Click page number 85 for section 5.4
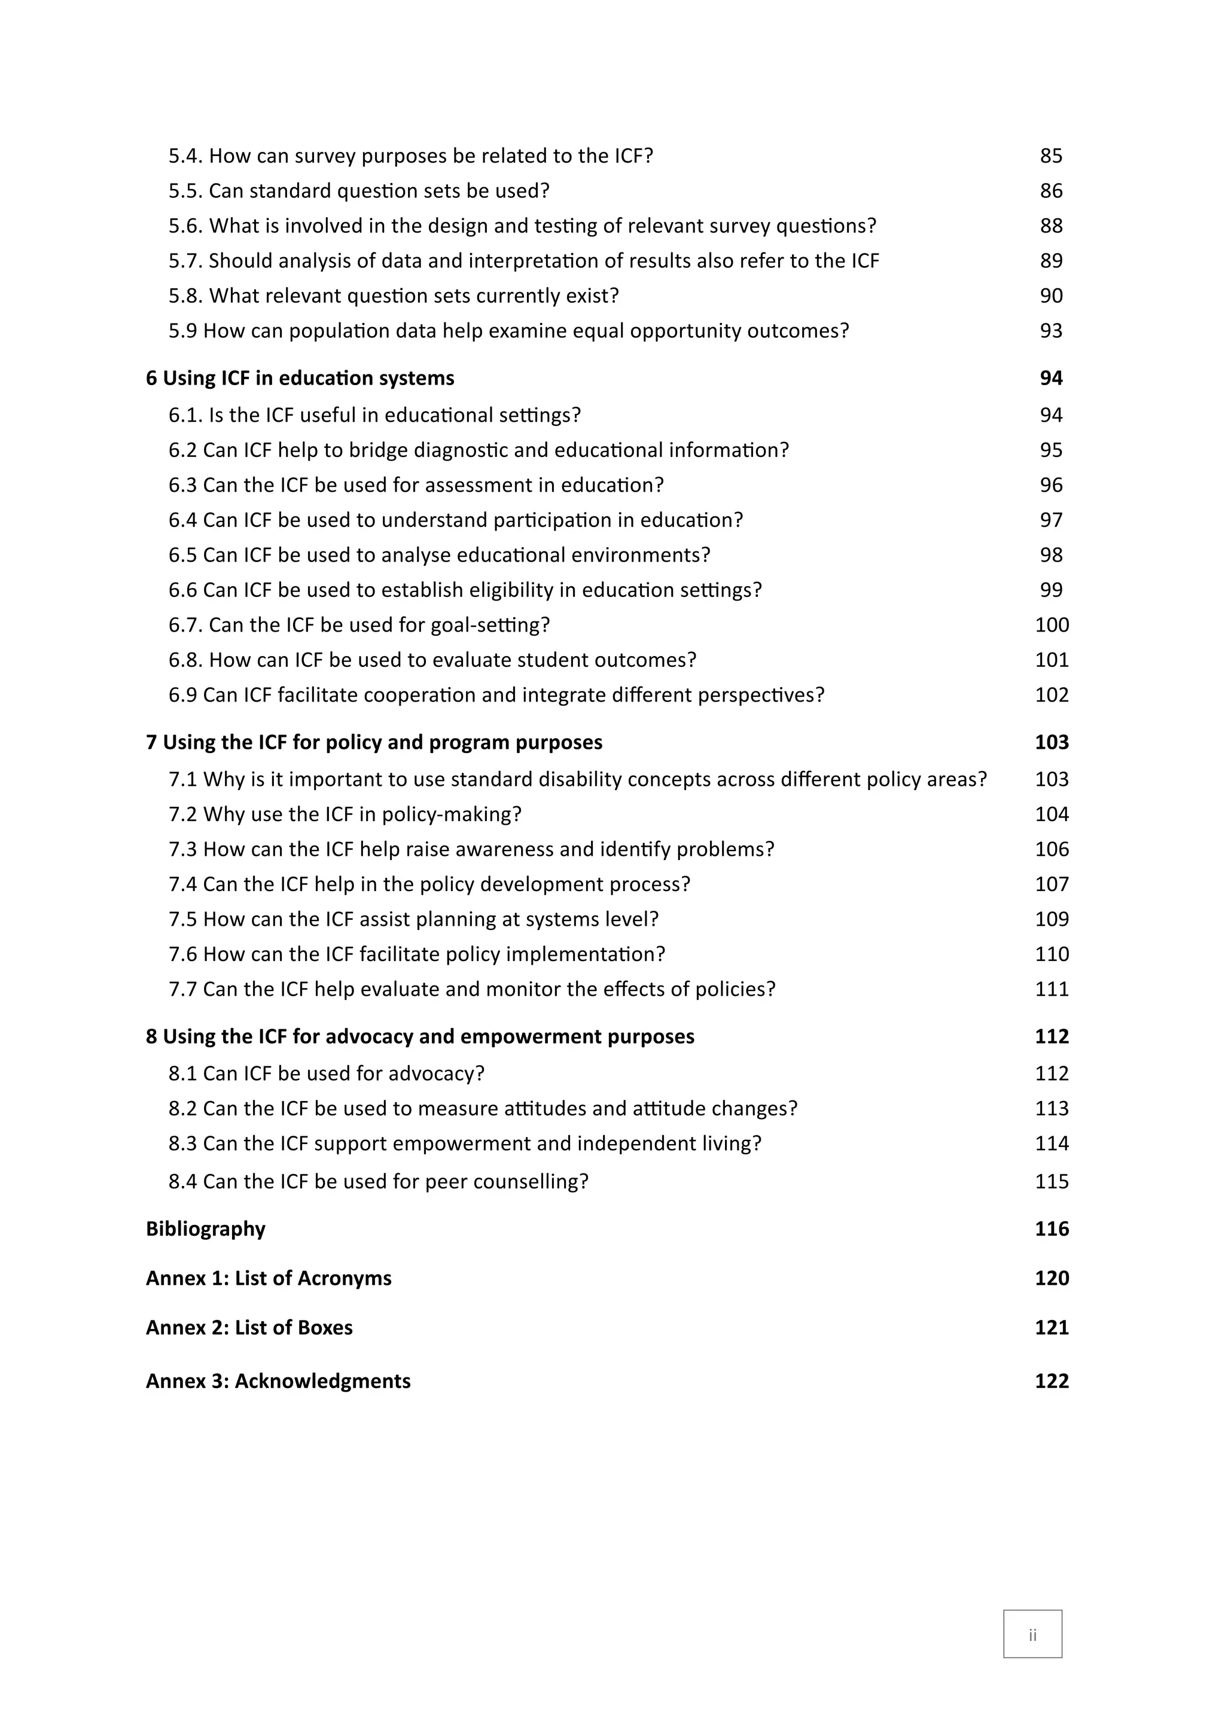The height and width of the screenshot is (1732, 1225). pos(1051,156)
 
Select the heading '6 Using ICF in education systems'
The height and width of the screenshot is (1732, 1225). pos(300,378)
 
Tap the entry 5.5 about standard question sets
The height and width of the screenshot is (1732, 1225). pos(358,191)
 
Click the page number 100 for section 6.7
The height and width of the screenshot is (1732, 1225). pos(1052,626)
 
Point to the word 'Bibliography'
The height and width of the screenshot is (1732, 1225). pos(205,1229)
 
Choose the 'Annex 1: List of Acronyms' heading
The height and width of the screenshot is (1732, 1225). pos(269,1278)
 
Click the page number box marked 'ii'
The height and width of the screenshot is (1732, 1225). pos(1032,1635)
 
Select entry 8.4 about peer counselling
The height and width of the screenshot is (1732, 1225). pos(378,1181)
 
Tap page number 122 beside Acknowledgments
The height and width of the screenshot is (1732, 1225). pos(1052,1381)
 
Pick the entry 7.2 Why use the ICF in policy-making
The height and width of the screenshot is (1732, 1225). pos(345,815)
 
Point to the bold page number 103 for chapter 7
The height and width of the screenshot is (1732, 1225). pos(1052,742)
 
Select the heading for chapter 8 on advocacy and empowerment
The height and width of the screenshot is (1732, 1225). pos(419,1036)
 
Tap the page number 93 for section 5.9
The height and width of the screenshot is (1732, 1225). pos(1051,331)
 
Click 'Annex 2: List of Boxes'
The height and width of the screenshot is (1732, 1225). pos(249,1328)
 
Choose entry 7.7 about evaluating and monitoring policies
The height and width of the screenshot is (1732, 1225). pos(471,989)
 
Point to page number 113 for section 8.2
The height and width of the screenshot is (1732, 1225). pos(1052,1109)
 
